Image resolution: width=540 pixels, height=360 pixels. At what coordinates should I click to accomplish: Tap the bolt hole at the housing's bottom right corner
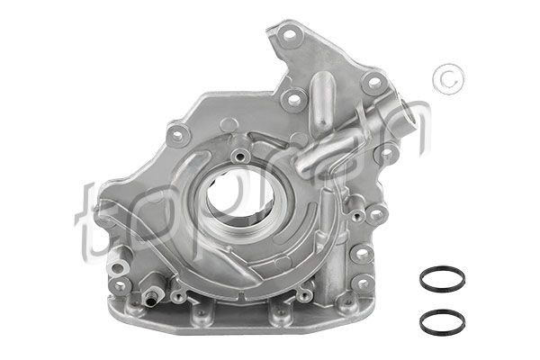point(362,286)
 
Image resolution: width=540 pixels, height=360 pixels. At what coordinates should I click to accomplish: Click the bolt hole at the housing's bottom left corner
point(120,286)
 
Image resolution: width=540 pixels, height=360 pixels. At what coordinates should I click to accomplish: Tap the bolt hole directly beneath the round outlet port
point(386,156)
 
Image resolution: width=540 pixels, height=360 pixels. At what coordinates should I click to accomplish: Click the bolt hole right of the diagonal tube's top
point(371,83)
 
